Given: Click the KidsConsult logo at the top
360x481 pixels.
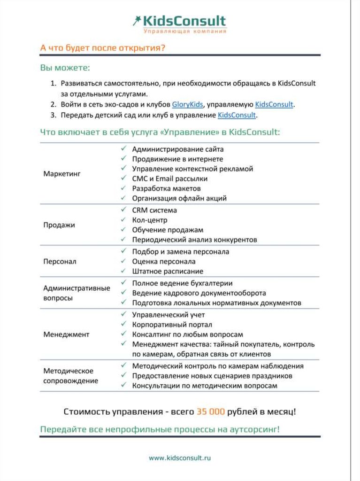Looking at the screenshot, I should [x=179, y=23].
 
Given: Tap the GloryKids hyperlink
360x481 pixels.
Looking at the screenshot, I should [x=187, y=104].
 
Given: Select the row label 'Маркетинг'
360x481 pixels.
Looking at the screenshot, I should [x=62, y=174].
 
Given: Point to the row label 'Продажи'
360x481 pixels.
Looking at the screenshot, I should [x=59, y=225].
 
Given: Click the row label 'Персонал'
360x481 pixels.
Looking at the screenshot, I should [x=60, y=261].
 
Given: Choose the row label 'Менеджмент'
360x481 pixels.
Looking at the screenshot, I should [x=66, y=334].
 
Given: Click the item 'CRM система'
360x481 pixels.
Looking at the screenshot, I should [x=154, y=210].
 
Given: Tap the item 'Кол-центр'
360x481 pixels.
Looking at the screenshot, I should [x=150, y=220].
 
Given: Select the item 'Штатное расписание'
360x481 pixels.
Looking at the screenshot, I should [x=168, y=271].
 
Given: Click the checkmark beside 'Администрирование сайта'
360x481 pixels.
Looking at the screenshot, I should [x=123, y=149].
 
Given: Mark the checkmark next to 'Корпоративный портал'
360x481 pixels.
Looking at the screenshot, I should [x=123, y=324].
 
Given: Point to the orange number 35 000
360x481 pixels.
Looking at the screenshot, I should [x=211, y=411].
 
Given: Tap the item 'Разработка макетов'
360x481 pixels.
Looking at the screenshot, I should [x=167, y=188].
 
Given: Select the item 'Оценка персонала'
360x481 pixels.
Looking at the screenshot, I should [x=164, y=261].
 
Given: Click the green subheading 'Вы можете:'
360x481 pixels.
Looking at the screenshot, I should [x=65, y=69].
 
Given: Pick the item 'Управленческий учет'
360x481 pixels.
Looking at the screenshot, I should [x=169, y=315].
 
